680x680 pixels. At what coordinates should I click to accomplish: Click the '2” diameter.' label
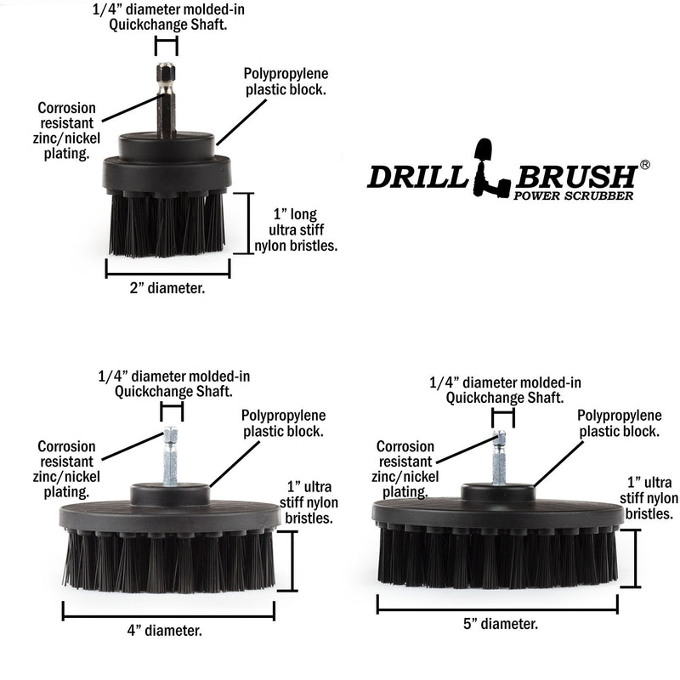(x=168, y=288)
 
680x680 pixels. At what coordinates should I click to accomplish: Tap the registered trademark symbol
(x=644, y=165)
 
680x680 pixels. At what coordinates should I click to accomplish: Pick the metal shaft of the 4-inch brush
(x=170, y=459)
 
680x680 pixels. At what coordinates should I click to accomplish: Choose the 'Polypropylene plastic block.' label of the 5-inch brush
(x=619, y=423)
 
